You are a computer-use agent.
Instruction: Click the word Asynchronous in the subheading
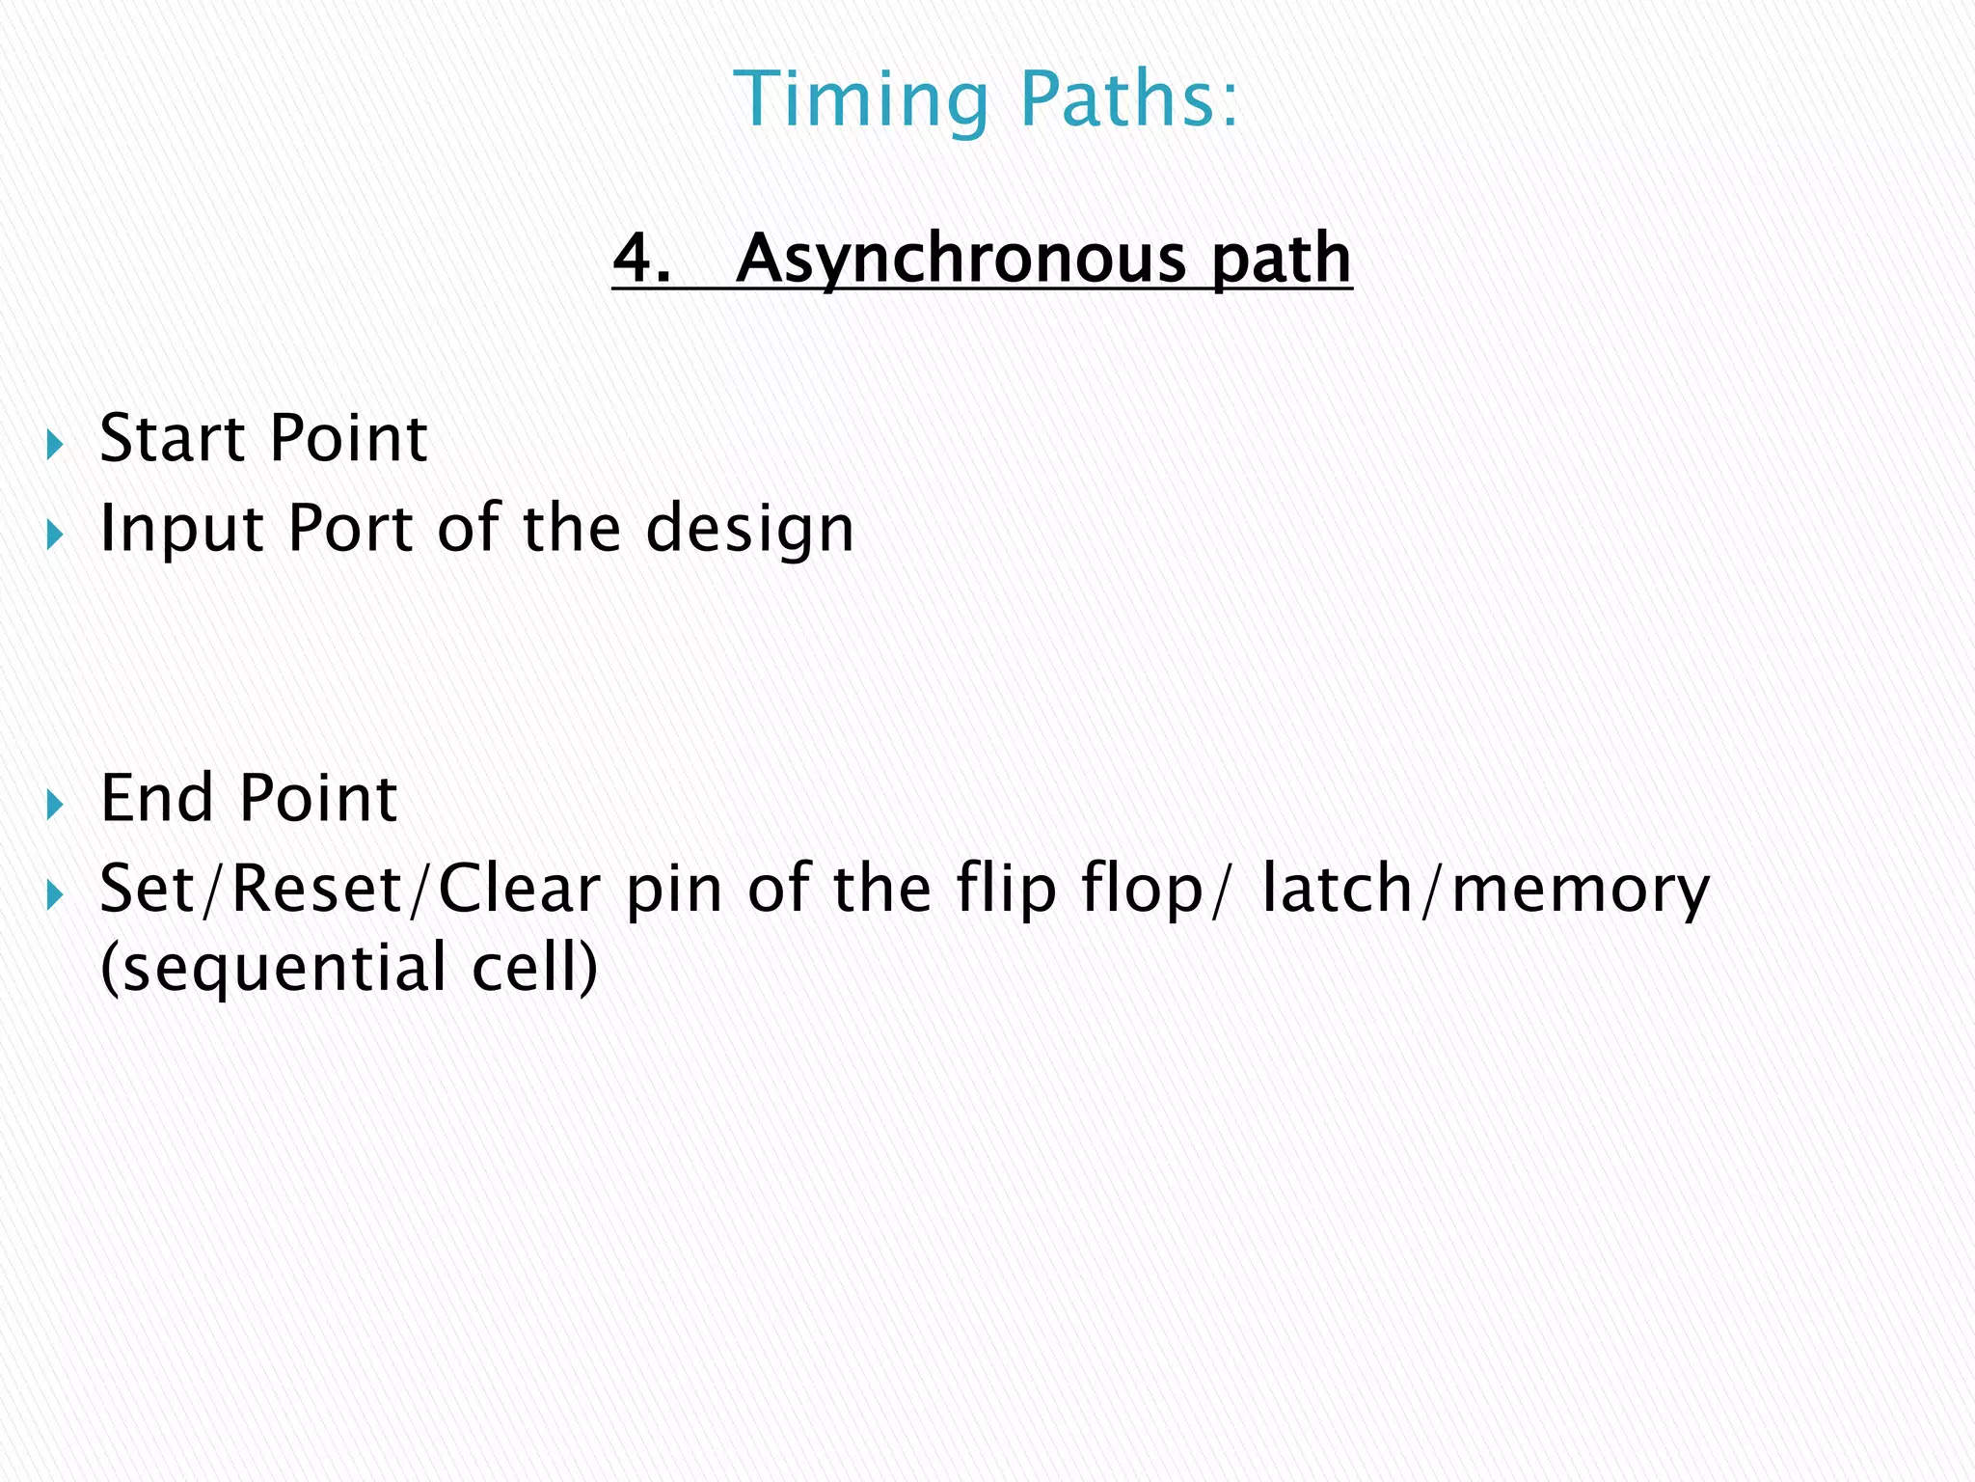[x=960, y=260]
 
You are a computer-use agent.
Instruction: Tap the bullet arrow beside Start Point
[x=55, y=445]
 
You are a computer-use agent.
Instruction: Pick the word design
[x=749, y=530]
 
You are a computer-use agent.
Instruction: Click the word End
[x=156, y=799]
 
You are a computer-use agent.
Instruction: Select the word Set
[x=150, y=889]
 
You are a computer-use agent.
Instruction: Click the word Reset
[x=317, y=889]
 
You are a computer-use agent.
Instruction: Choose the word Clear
[x=520, y=889]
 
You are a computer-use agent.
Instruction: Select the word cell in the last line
[x=529, y=968]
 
